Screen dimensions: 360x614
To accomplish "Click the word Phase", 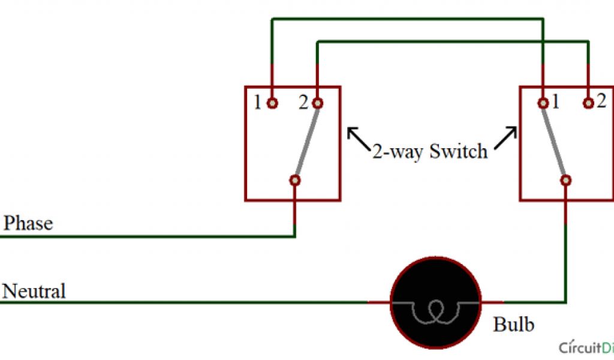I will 28,224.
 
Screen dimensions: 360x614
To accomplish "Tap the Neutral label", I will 34,292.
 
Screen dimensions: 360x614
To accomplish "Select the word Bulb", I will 513,325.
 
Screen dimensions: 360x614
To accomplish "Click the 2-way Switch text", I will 429,151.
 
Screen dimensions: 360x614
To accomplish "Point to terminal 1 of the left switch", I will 272,103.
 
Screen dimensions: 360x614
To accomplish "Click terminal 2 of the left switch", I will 317,103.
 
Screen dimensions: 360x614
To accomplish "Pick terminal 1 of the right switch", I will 543,103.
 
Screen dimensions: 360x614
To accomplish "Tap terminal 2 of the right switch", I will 588,103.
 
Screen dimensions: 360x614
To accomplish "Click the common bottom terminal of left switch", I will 294,180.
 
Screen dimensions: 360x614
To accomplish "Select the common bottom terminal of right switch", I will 565,180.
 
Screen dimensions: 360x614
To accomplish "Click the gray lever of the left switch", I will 306,142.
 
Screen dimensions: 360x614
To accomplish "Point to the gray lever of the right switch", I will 555,142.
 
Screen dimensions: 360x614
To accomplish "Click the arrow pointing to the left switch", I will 358,137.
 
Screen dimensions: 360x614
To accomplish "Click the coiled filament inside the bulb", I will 436,310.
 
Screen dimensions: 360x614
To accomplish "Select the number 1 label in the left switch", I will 257,103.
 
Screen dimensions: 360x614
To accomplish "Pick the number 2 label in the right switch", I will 602,101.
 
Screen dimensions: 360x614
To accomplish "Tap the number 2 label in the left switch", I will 303,103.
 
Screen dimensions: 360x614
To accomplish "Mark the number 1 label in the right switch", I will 556,102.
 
